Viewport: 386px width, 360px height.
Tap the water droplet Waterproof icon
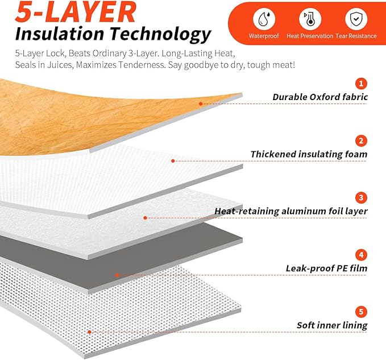[264, 19]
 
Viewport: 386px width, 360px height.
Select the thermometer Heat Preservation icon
[310, 19]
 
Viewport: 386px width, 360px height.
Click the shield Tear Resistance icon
[356, 19]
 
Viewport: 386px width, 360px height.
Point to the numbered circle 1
[361, 84]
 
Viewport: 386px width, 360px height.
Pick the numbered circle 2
[361, 141]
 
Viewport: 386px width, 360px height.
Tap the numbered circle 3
[361, 198]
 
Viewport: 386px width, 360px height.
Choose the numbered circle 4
[361, 255]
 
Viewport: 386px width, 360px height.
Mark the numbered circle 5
[361, 312]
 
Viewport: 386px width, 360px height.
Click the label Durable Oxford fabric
[320, 97]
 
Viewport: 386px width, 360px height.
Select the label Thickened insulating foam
[309, 154]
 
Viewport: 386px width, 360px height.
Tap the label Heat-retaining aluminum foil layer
[291, 211]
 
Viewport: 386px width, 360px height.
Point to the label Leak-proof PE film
[326, 268]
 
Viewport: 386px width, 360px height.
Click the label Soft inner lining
[332, 325]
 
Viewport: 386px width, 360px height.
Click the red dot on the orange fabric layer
[201, 104]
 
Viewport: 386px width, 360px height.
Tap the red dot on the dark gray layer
[118, 275]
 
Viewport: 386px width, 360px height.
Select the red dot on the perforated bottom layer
[90, 332]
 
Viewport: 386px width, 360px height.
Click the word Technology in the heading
[160, 34]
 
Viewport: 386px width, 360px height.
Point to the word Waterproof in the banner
[264, 36]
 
